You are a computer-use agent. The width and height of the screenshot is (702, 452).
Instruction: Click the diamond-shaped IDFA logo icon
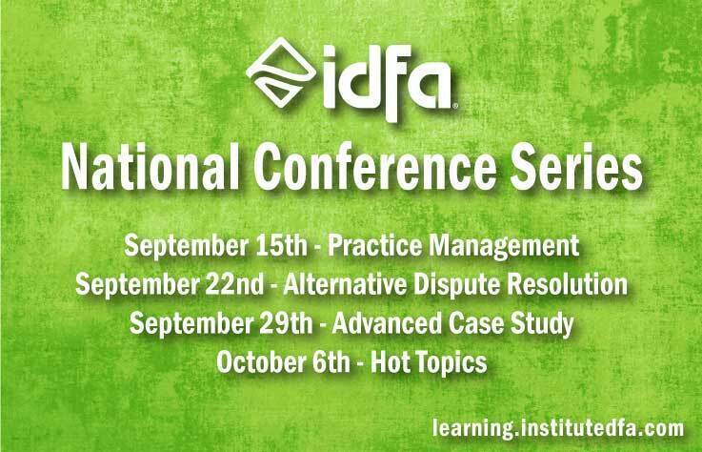[281, 72]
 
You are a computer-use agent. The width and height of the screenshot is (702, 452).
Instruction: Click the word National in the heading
[150, 167]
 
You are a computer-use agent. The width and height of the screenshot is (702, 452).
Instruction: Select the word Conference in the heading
[375, 167]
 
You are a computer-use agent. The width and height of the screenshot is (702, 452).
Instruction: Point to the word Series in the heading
[576, 167]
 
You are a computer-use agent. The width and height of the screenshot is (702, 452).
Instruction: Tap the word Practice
[374, 245]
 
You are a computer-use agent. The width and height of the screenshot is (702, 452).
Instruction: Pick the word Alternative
[345, 284]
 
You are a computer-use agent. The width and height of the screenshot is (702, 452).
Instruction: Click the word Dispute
[456, 286]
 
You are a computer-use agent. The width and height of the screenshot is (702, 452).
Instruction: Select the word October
[260, 361]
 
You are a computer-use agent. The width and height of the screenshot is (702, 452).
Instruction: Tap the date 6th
[331, 361]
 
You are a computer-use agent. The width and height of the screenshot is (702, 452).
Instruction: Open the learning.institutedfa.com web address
[558, 428]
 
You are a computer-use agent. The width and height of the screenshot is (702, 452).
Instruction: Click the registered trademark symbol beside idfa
[455, 106]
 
